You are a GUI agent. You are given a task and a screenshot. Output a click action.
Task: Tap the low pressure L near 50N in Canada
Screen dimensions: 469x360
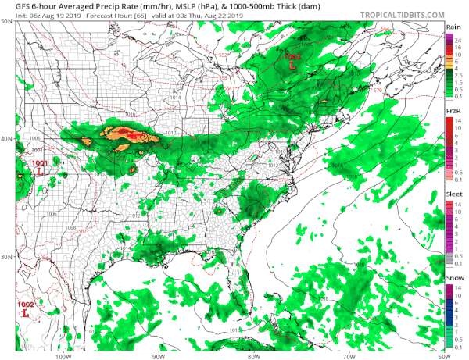pyautogui.click(x=292, y=66)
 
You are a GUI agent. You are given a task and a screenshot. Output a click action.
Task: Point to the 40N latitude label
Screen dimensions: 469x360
pyautogui.click(x=7, y=139)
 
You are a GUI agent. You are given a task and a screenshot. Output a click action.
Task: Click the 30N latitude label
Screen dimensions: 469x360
pyautogui.click(x=7, y=257)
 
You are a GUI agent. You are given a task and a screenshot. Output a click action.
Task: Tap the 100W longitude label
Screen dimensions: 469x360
pyautogui.click(x=63, y=356)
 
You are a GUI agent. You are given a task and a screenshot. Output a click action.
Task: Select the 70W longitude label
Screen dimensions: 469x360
pyautogui.click(x=347, y=356)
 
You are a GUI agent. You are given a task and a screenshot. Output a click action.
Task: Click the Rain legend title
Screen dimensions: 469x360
pyautogui.click(x=452, y=27)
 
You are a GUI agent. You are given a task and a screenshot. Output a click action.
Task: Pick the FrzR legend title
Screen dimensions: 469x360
pyautogui.click(x=452, y=113)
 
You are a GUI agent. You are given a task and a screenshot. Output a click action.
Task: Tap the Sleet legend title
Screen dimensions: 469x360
pyautogui.click(x=452, y=194)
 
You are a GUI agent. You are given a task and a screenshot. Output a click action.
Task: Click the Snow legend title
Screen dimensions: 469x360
pyautogui.click(x=452, y=277)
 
